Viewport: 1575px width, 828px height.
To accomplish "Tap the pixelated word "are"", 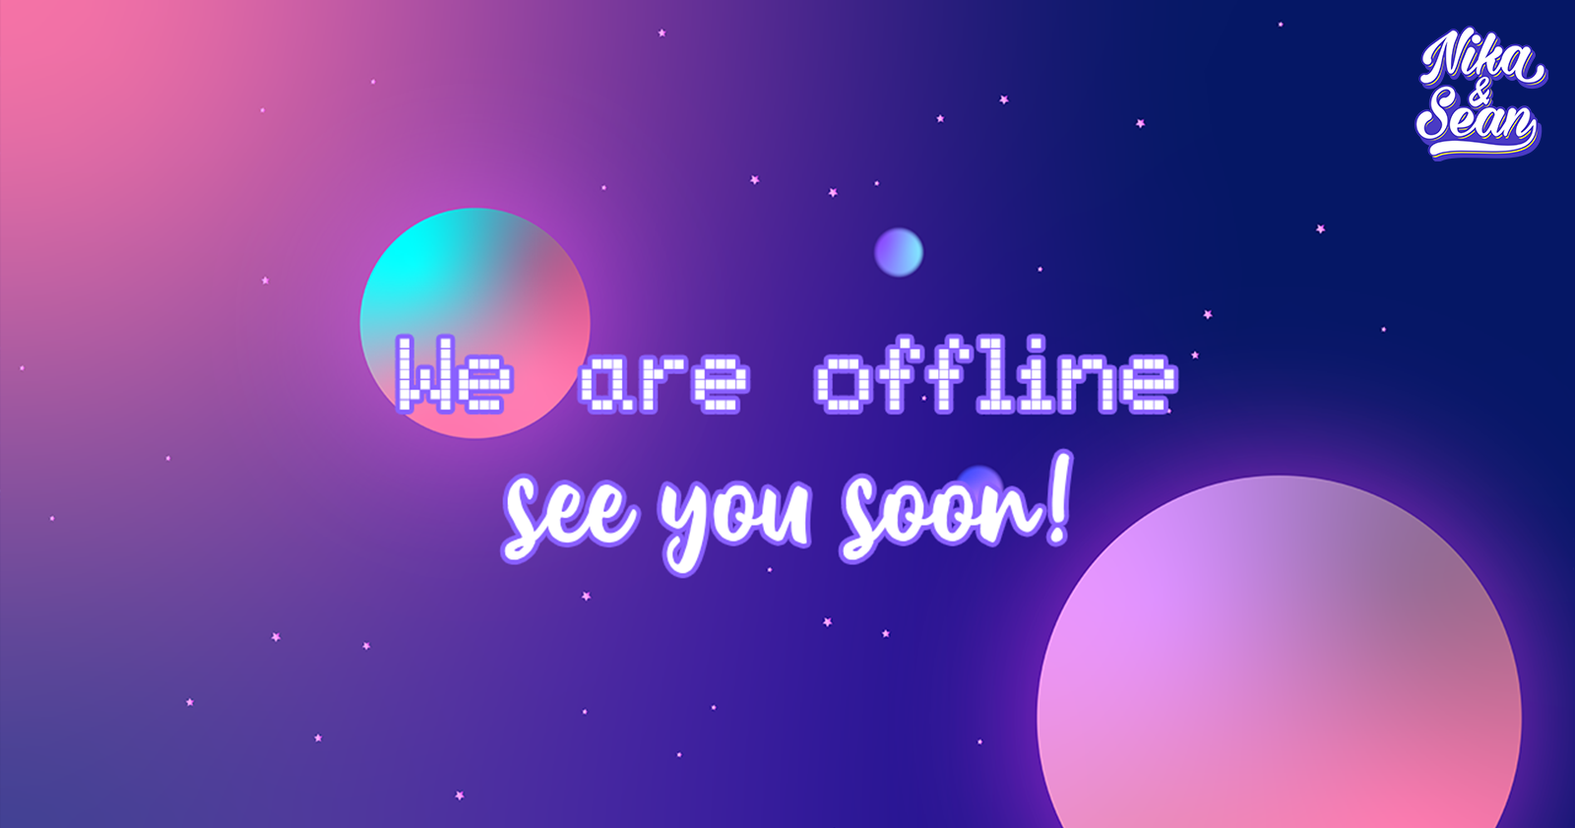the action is pyautogui.click(x=663, y=383).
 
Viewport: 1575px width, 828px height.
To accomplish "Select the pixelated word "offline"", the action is pyautogui.click(x=996, y=373).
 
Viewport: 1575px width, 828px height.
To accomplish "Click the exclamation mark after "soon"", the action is pyautogui.click(x=1059, y=498).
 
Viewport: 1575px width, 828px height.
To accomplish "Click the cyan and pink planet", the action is pyautogui.click(x=475, y=323).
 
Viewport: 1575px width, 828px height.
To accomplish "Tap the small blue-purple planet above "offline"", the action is pyautogui.click(x=899, y=252).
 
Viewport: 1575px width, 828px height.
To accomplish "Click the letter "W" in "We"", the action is pyautogui.click(x=424, y=373).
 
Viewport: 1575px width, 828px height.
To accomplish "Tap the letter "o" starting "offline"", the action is pyautogui.click(x=843, y=383).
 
